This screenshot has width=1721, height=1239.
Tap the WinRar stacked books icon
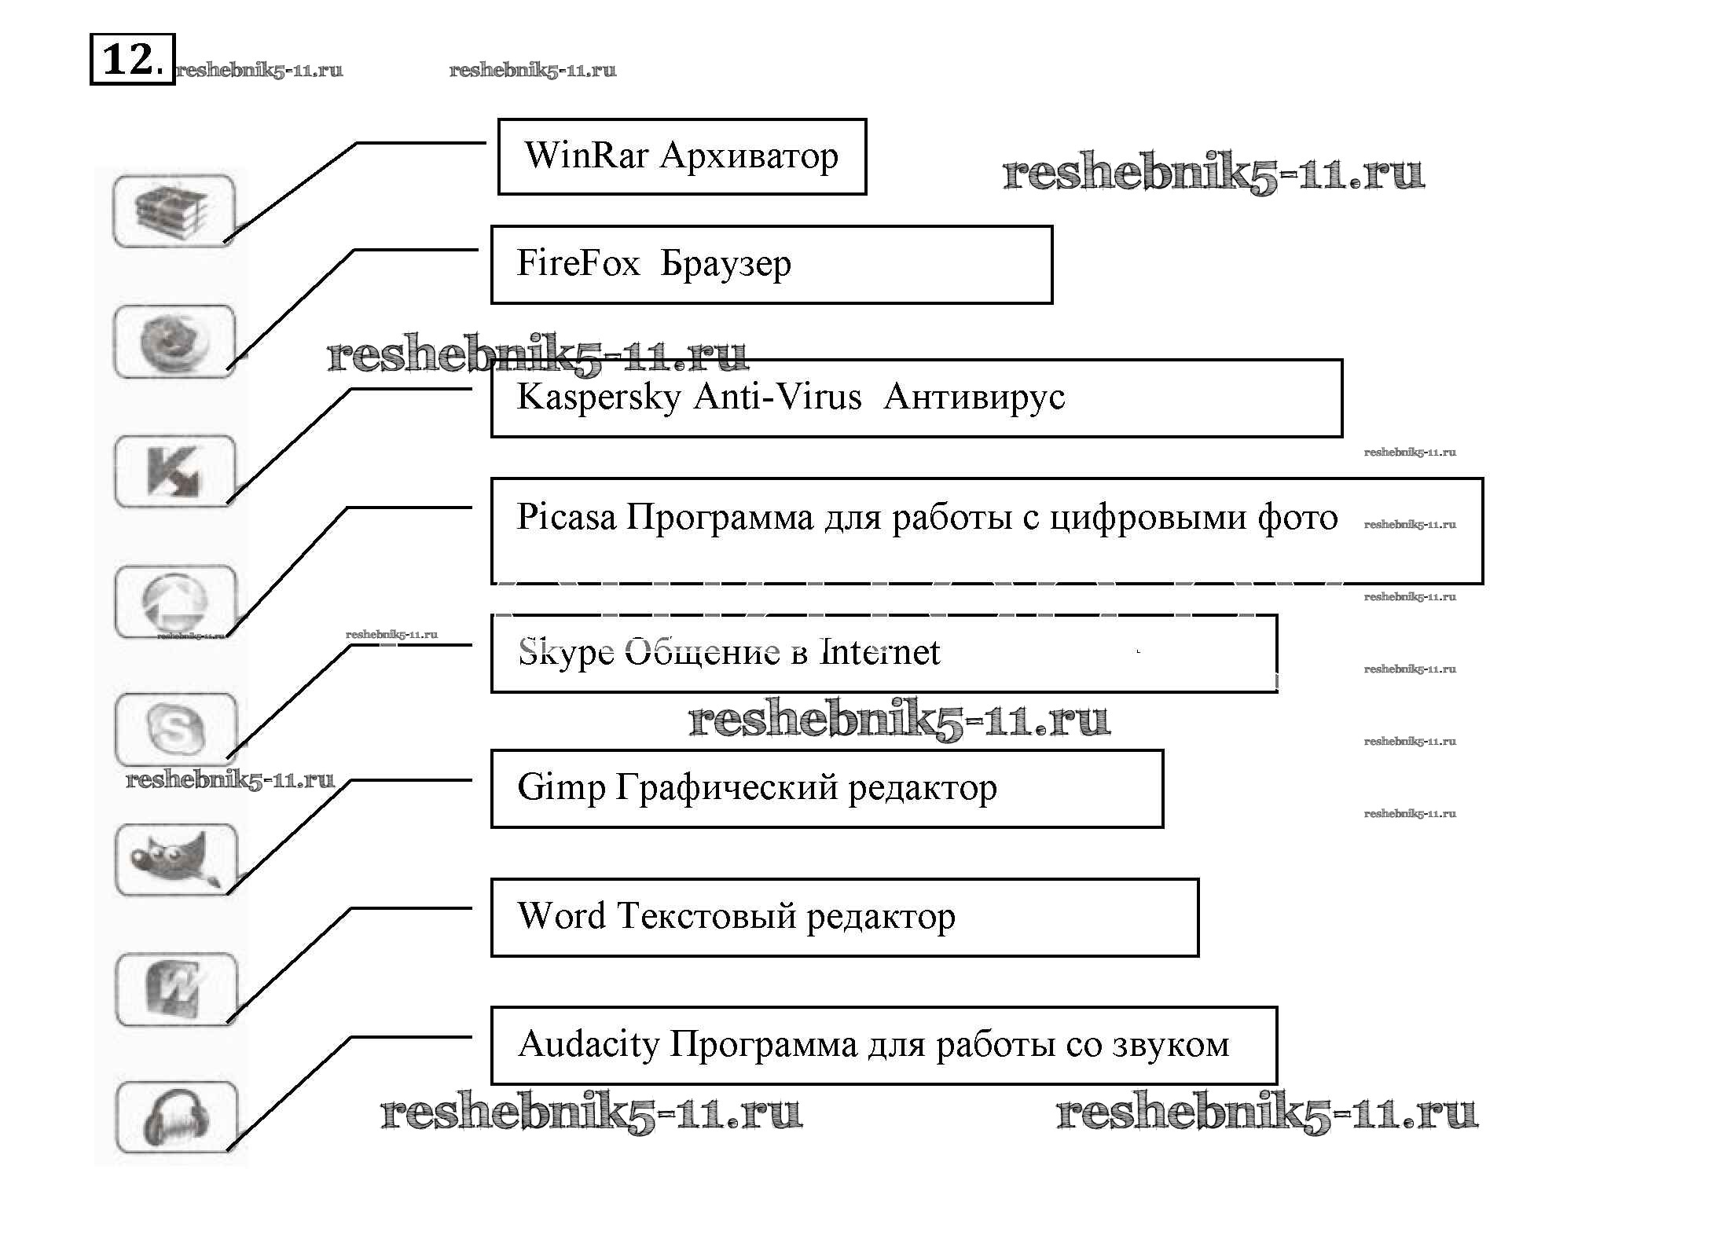point(174,211)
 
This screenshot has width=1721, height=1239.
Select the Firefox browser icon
point(174,342)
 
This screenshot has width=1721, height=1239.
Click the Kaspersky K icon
point(174,471)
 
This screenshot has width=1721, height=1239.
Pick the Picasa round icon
point(174,601)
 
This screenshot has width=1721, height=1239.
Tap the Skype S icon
point(175,729)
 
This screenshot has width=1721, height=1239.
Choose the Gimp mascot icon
point(174,859)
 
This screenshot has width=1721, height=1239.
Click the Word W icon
point(174,989)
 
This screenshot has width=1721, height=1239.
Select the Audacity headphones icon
point(175,1117)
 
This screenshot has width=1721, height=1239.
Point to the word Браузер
point(725,264)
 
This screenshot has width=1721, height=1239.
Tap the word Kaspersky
point(599,398)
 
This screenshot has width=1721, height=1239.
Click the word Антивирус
point(974,397)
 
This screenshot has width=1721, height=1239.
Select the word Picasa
point(566,517)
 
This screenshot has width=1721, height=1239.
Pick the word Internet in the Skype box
point(879,652)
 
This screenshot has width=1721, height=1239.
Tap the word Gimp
point(561,788)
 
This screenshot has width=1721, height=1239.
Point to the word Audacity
point(589,1044)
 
